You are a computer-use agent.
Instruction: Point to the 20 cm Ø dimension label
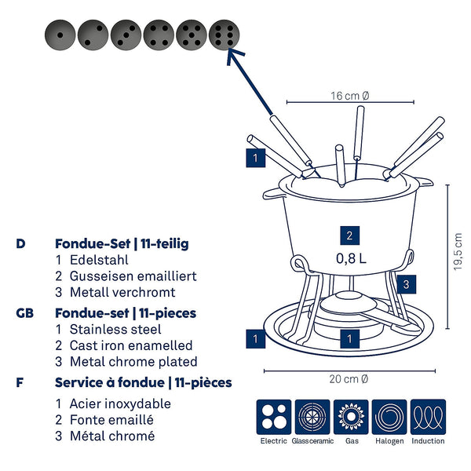point(349,379)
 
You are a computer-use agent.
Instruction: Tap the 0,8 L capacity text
point(350,258)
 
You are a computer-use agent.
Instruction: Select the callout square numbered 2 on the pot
point(350,235)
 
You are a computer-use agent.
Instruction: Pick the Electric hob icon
point(273,417)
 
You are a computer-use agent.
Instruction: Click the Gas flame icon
point(350,417)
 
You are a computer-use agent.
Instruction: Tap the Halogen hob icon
point(389,417)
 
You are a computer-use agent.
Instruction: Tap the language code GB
point(24,312)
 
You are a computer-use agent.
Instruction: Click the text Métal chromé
point(112,436)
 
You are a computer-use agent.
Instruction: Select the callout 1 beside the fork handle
point(255,158)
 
